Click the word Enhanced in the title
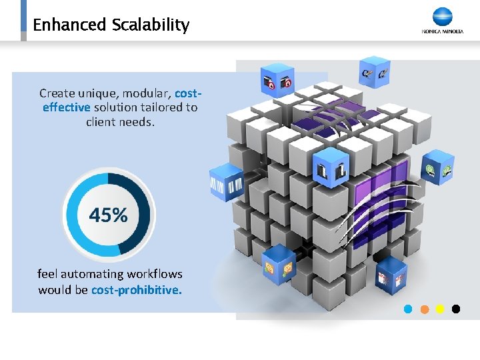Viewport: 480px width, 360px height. point(69,25)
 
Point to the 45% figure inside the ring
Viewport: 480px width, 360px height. point(108,215)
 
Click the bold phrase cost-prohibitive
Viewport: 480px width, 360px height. point(136,290)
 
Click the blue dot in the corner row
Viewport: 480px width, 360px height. point(408,309)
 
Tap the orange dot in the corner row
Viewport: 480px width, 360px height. point(424,309)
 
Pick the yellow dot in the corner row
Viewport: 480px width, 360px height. point(440,309)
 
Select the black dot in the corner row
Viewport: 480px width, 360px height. point(456,309)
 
